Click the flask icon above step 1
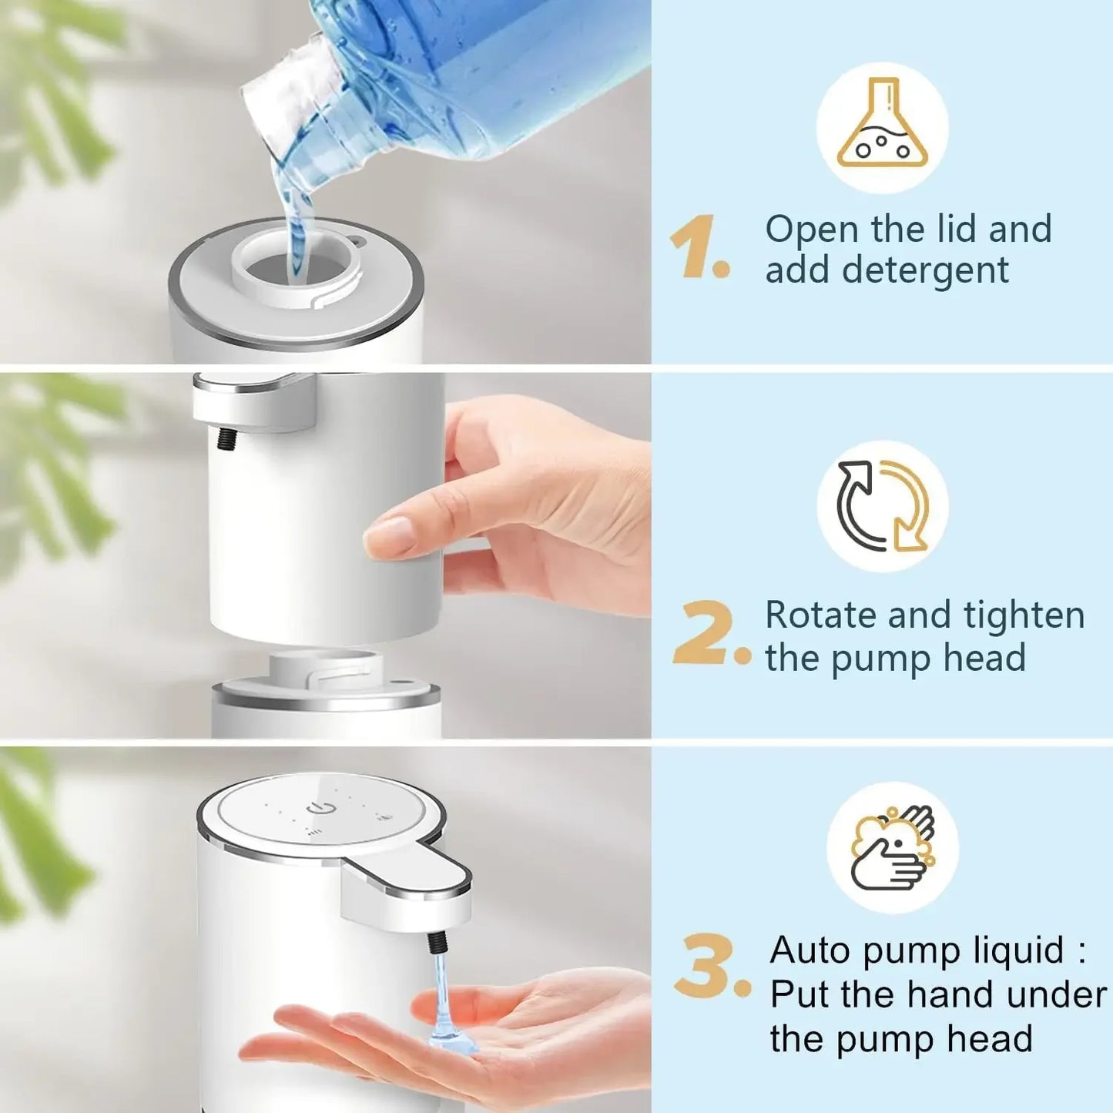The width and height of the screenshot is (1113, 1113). [883, 126]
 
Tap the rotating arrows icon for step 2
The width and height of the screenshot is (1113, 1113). [883, 506]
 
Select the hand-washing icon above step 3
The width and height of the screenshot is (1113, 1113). [893, 847]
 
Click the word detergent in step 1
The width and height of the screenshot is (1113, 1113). [925, 271]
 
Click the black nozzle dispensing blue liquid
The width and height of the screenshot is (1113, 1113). [437, 941]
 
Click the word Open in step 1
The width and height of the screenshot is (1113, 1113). [811, 230]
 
